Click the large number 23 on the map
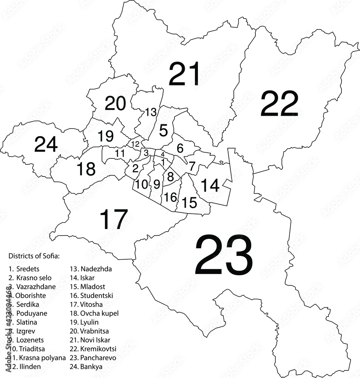tap(223, 256)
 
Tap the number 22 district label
tap(280, 104)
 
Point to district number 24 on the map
tap(46, 144)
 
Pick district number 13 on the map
tap(151, 112)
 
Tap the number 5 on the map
tap(164, 130)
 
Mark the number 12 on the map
tap(135, 144)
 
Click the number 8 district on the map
tap(170, 176)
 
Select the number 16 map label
tap(171, 197)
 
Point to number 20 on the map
tap(115, 104)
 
